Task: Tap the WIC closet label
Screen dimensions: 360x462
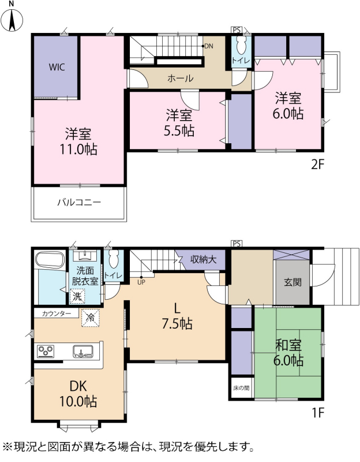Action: tap(57, 67)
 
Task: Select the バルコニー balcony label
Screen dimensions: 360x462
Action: tap(79, 203)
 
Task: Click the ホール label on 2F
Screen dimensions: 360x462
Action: tap(181, 78)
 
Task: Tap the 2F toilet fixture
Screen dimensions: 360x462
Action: tap(241, 46)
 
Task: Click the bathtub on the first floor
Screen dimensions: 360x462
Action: tap(50, 260)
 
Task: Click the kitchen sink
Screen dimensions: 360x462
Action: tap(83, 351)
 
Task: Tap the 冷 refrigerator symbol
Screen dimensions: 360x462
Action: tap(91, 318)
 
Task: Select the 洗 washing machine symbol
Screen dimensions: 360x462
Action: tap(77, 296)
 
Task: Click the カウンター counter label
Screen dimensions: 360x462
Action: tap(57, 314)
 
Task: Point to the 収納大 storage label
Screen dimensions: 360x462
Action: tap(204, 259)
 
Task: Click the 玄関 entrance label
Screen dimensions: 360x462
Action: tap(293, 282)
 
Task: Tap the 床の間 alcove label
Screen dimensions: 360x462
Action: tap(241, 388)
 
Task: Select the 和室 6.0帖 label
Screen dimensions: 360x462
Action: tap(288, 353)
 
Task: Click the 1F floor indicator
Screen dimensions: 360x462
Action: tap(318, 413)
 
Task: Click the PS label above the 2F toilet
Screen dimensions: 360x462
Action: tap(237, 30)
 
